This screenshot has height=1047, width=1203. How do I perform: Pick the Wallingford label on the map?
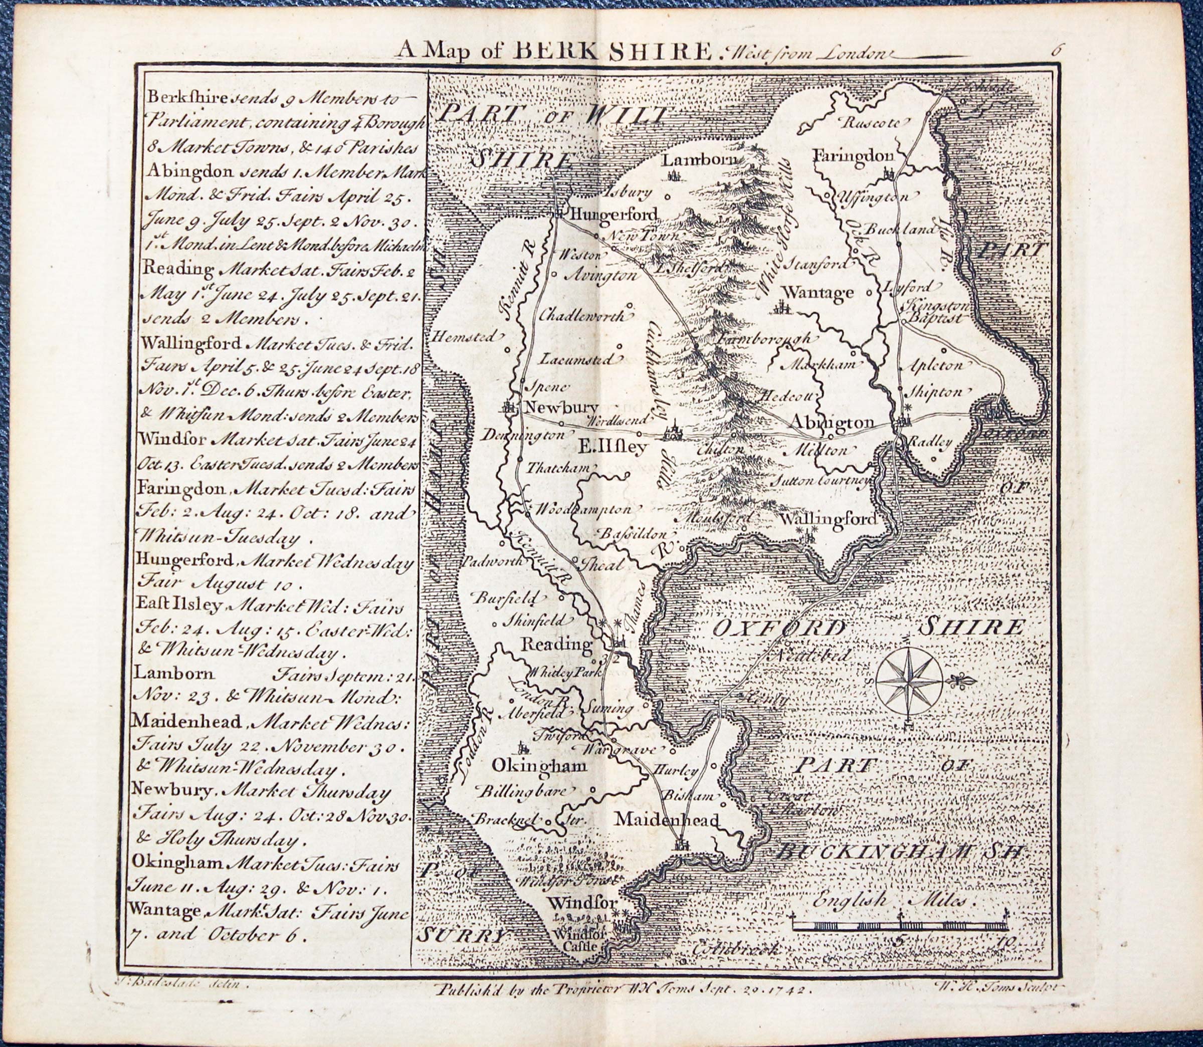coord(829,519)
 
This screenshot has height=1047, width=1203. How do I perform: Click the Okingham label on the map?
coord(539,765)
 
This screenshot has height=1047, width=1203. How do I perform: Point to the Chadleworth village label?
coord(581,315)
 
